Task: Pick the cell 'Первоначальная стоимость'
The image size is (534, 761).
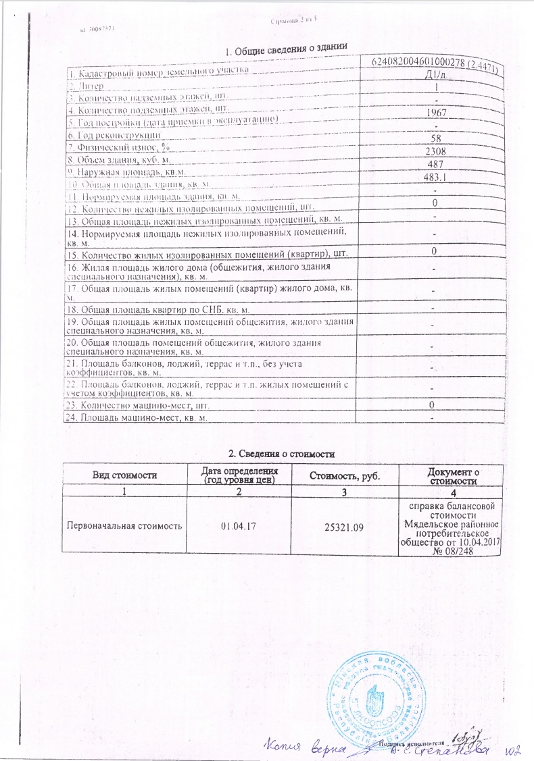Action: coord(124,525)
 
